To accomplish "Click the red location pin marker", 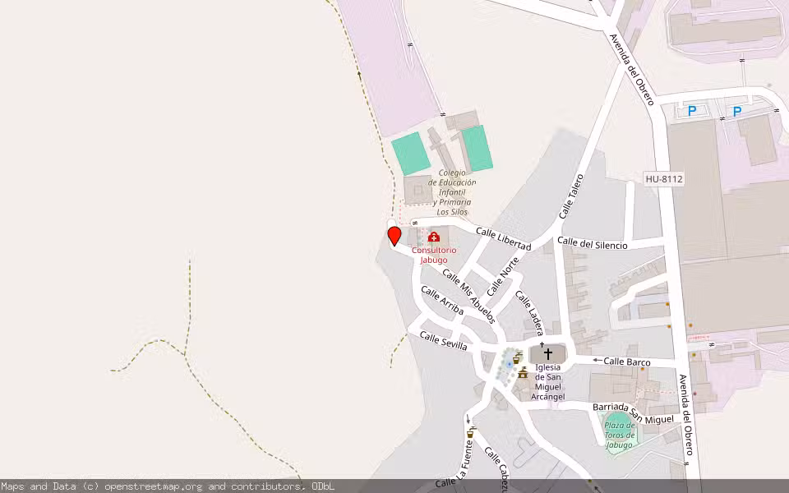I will (394, 237).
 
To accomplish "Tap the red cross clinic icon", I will (434, 237).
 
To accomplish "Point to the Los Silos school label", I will (454, 192).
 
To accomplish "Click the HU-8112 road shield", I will (664, 178).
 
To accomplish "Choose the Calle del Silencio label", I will (592, 244).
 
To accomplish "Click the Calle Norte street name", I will (503, 276).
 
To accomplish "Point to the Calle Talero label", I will (570, 196).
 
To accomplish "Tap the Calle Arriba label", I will (442, 301).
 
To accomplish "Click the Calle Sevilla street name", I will (443, 341).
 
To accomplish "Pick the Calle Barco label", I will (626, 362).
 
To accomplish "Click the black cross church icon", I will (548, 353).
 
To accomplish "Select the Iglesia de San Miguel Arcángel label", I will (548, 382).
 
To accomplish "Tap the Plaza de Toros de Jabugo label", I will (618, 435).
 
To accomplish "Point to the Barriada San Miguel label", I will (633, 413).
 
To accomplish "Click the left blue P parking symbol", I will (692, 111).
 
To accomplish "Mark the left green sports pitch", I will (410, 154).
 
